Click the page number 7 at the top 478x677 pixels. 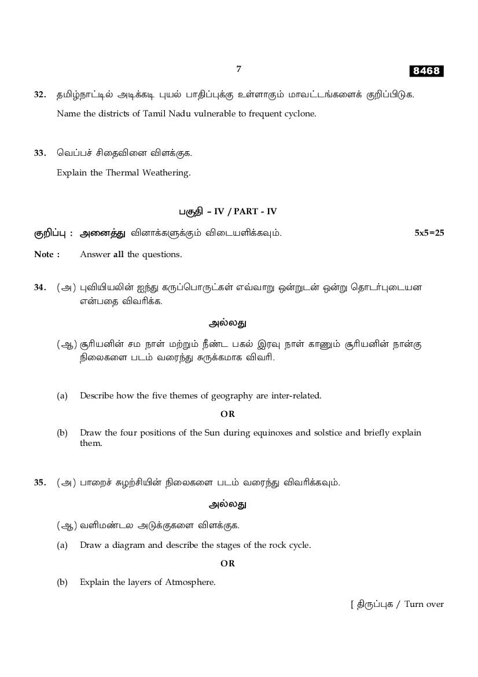tap(238, 69)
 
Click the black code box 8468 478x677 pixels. tap(426, 71)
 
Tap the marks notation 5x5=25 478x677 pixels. tap(429, 233)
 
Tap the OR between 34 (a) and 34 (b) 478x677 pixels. tap(227, 414)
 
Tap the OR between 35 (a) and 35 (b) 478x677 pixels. tap(227, 563)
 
